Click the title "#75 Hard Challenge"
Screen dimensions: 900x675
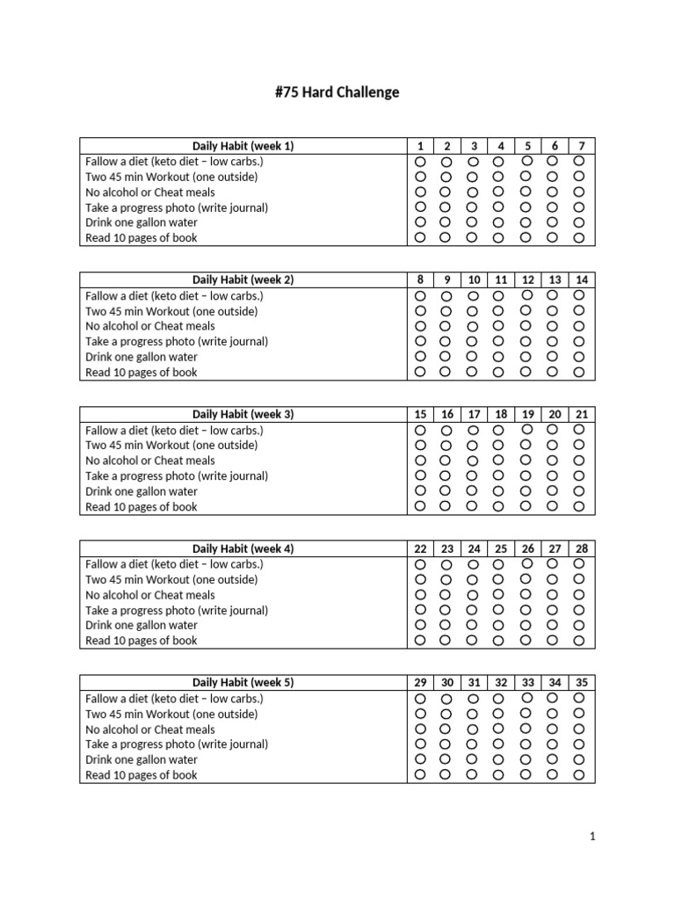tap(337, 92)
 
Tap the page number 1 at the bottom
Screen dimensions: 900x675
tap(592, 837)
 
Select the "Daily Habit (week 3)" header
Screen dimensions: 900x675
tap(243, 414)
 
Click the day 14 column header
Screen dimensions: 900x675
tap(582, 279)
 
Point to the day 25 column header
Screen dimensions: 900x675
tap(500, 548)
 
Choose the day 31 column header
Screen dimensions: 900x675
tap(474, 682)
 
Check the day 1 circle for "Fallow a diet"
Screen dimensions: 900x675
tap(420, 162)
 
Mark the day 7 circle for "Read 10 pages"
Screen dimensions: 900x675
tap(579, 237)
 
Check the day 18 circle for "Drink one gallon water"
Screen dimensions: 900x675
tap(499, 490)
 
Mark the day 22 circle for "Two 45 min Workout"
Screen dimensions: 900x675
tap(420, 579)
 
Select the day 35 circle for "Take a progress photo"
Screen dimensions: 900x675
tap(579, 744)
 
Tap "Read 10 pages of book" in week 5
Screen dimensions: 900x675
tap(141, 775)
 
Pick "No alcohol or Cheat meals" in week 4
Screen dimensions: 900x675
tap(149, 595)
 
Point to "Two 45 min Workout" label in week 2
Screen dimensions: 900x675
tap(171, 311)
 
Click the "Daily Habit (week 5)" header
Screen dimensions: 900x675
tap(243, 682)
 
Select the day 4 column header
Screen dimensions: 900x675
tap(500, 146)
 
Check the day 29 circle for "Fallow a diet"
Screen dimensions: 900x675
tap(420, 699)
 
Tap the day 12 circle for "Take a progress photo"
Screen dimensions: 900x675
tap(526, 341)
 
